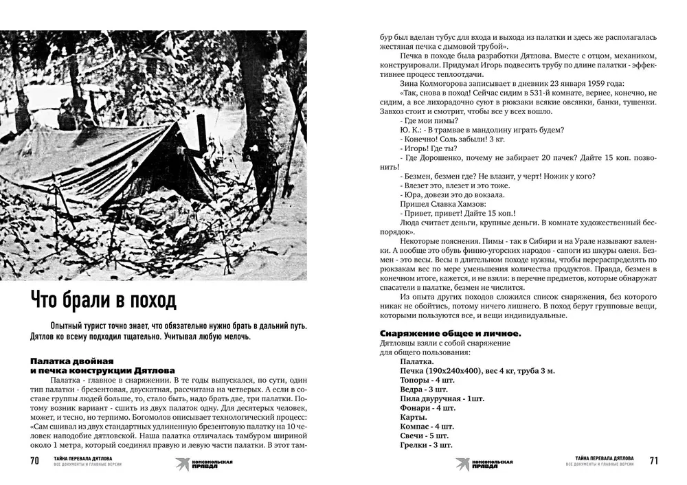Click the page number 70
click(x=34, y=460)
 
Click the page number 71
click(x=653, y=460)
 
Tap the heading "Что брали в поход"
click(x=103, y=300)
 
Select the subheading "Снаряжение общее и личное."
click(x=449, y=333)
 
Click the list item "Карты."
click(x=414, y=417)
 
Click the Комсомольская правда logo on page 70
click(x=204, y=463)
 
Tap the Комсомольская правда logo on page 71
click(x=484, y=463)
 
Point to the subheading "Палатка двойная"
click(x=72, y=360)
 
